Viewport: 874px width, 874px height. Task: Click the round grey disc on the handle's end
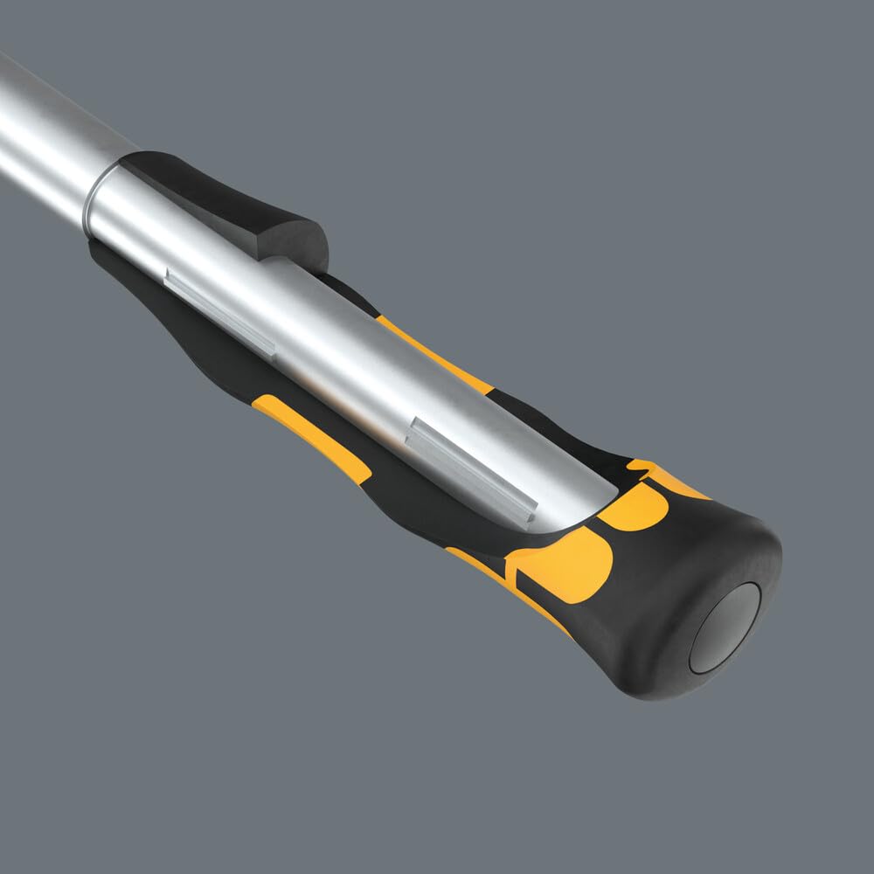pyautogui.click(x=725, y=628)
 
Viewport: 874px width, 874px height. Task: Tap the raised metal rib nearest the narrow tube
pyautogui.click(x=219, y=311)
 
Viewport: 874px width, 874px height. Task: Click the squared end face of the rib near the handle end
pyautogui.click(x=529, y=507)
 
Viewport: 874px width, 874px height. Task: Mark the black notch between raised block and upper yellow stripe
pyautogui.click(x=350, y=293)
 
